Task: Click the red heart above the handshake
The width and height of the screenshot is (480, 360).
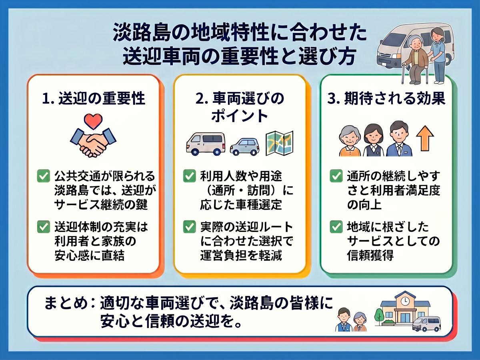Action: point(93,121)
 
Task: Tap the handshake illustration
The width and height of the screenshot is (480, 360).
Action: point(93,142)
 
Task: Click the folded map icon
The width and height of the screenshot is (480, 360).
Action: point(279,143)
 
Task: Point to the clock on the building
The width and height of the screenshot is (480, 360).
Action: point(405,301)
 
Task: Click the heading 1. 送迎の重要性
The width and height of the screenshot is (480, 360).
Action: point(94,98)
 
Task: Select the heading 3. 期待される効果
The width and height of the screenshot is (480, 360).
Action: point(386,98)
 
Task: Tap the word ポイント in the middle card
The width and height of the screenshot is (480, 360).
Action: point(240,116)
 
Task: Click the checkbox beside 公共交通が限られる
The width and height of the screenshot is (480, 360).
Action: point(44,176)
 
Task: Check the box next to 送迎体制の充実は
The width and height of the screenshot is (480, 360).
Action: point(44,227)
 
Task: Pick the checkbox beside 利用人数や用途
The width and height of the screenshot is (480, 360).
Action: point(189,176)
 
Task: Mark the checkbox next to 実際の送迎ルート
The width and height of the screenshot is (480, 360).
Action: point(189,227)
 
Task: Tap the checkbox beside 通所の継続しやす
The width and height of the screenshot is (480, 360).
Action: point(336,176)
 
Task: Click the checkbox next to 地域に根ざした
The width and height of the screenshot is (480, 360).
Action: point(336,227)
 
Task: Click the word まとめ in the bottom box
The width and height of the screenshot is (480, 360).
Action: point(66,303)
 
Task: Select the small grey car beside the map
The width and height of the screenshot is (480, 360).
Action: point(245,146)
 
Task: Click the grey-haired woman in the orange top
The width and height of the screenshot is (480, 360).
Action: point(350,141)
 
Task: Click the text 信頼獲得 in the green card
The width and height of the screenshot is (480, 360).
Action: point(370,255)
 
